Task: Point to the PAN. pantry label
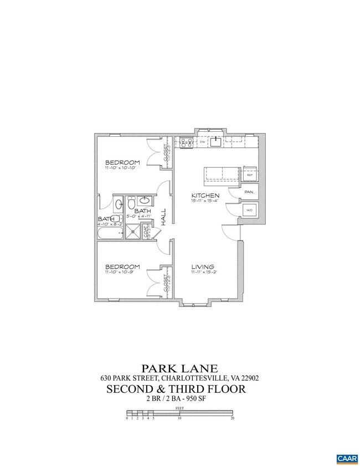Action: pos(249,192)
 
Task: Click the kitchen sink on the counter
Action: pos(217,142)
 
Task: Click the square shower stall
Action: pos(133,233)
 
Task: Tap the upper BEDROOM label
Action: pos(122,162)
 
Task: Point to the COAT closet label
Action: pos(146,232)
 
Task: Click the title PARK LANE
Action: pos(179,368)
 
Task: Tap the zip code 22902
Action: pos(250,378)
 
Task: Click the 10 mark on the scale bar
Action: pos(179,418)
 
